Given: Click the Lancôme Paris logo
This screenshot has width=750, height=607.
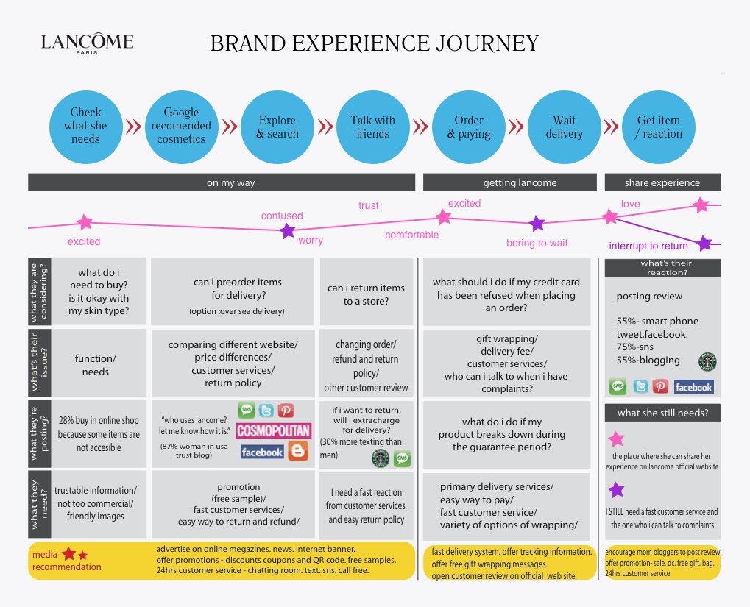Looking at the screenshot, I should click(87, 45).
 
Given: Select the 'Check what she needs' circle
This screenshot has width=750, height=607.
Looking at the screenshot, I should click(85, 126).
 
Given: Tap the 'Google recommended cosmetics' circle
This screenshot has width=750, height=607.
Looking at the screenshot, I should click(181, 126).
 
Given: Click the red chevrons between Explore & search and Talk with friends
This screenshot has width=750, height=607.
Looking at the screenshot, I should click(325, 127).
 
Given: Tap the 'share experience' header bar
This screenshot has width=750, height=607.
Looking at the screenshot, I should click(662, 182).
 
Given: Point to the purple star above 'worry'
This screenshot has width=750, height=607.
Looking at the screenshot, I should click(288, 231).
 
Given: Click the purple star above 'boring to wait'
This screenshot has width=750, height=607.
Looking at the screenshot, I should click(537, 224).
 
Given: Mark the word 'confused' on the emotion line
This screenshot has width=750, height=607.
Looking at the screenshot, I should click(282, 216).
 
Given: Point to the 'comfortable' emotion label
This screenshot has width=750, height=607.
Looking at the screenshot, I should click(411, 235).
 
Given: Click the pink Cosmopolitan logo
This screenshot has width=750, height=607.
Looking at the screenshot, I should click(274, 431).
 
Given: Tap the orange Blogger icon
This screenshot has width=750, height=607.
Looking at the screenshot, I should click(298, 452).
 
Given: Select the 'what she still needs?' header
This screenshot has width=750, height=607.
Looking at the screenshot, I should click(662, 413).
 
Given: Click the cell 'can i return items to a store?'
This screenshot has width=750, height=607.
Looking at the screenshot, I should click(366, 294).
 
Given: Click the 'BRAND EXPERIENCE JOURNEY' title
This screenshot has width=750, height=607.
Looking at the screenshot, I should click(375, 43).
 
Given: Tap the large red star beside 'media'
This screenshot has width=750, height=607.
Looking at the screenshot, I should click(69, 553).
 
